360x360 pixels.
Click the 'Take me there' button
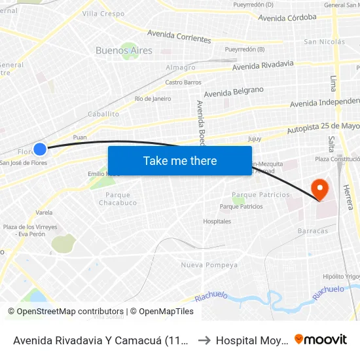tap(180, 160)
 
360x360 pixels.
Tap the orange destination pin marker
tap(321, 189)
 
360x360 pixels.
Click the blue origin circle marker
tap(40, 149)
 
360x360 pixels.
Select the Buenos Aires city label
tap(124, 50)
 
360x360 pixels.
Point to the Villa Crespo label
tap(103, 14)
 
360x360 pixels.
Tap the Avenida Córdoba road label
tap(287, 18)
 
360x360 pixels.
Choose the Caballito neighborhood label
tap(103, 114)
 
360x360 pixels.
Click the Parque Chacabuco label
tap(118, 198)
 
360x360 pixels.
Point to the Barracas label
tap(312, 231)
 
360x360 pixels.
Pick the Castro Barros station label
tap(183, 82)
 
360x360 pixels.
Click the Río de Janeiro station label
tap(153, 99)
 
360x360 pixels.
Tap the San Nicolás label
tap(324, 42)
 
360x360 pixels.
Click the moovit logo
tap(321, 339)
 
